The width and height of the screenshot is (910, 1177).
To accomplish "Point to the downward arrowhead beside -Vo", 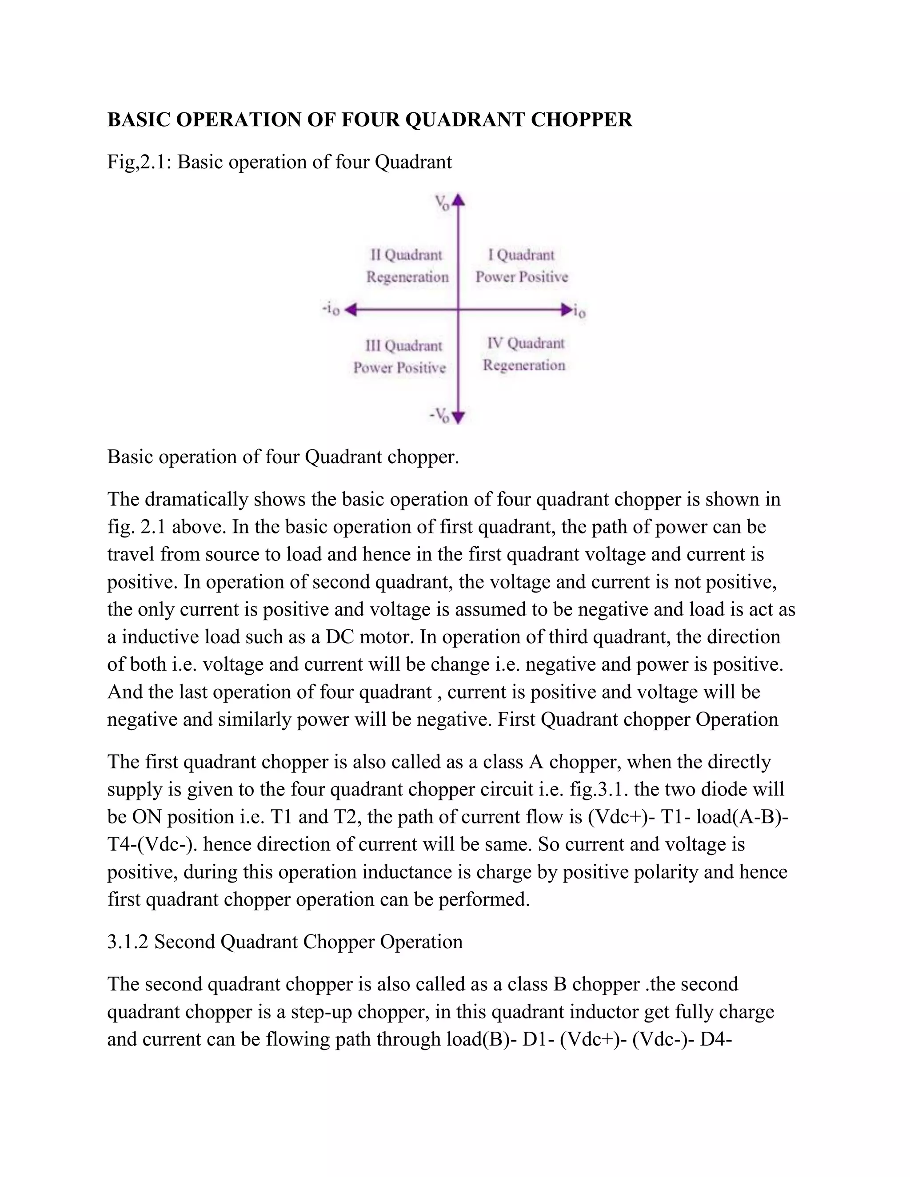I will pos(458,417).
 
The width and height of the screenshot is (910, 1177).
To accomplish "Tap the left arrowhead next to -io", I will pos(351,309).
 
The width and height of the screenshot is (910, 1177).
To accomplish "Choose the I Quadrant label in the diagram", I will pos(521,254).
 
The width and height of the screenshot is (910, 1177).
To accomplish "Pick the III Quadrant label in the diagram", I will pos(404,346).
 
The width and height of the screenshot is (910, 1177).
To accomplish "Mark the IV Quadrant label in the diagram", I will pos(526,343).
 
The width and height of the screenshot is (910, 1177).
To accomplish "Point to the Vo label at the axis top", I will pos(442,203).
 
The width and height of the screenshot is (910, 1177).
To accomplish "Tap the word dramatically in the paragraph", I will pos(196,500).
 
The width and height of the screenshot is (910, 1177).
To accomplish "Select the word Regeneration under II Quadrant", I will pos(407,277).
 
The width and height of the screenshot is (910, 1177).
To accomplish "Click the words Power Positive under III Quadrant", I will pos(399,368).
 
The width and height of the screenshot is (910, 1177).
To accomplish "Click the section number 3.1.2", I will pos(127,942).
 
